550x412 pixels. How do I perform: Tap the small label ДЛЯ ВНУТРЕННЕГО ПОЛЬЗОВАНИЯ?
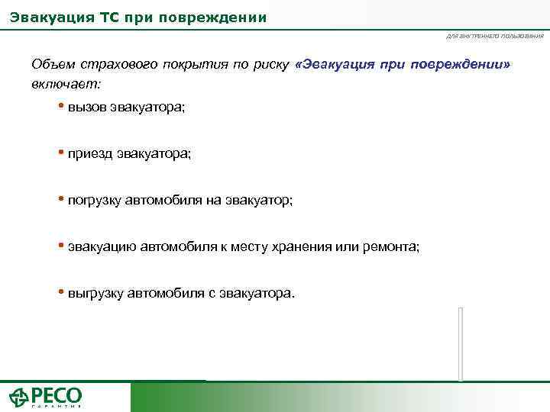click(x=495, y=36)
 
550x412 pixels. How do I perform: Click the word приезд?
click(x=90, y=153)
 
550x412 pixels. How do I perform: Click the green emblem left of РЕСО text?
click(x=19, y=398)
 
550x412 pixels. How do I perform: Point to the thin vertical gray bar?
click(x=461, y=343)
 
